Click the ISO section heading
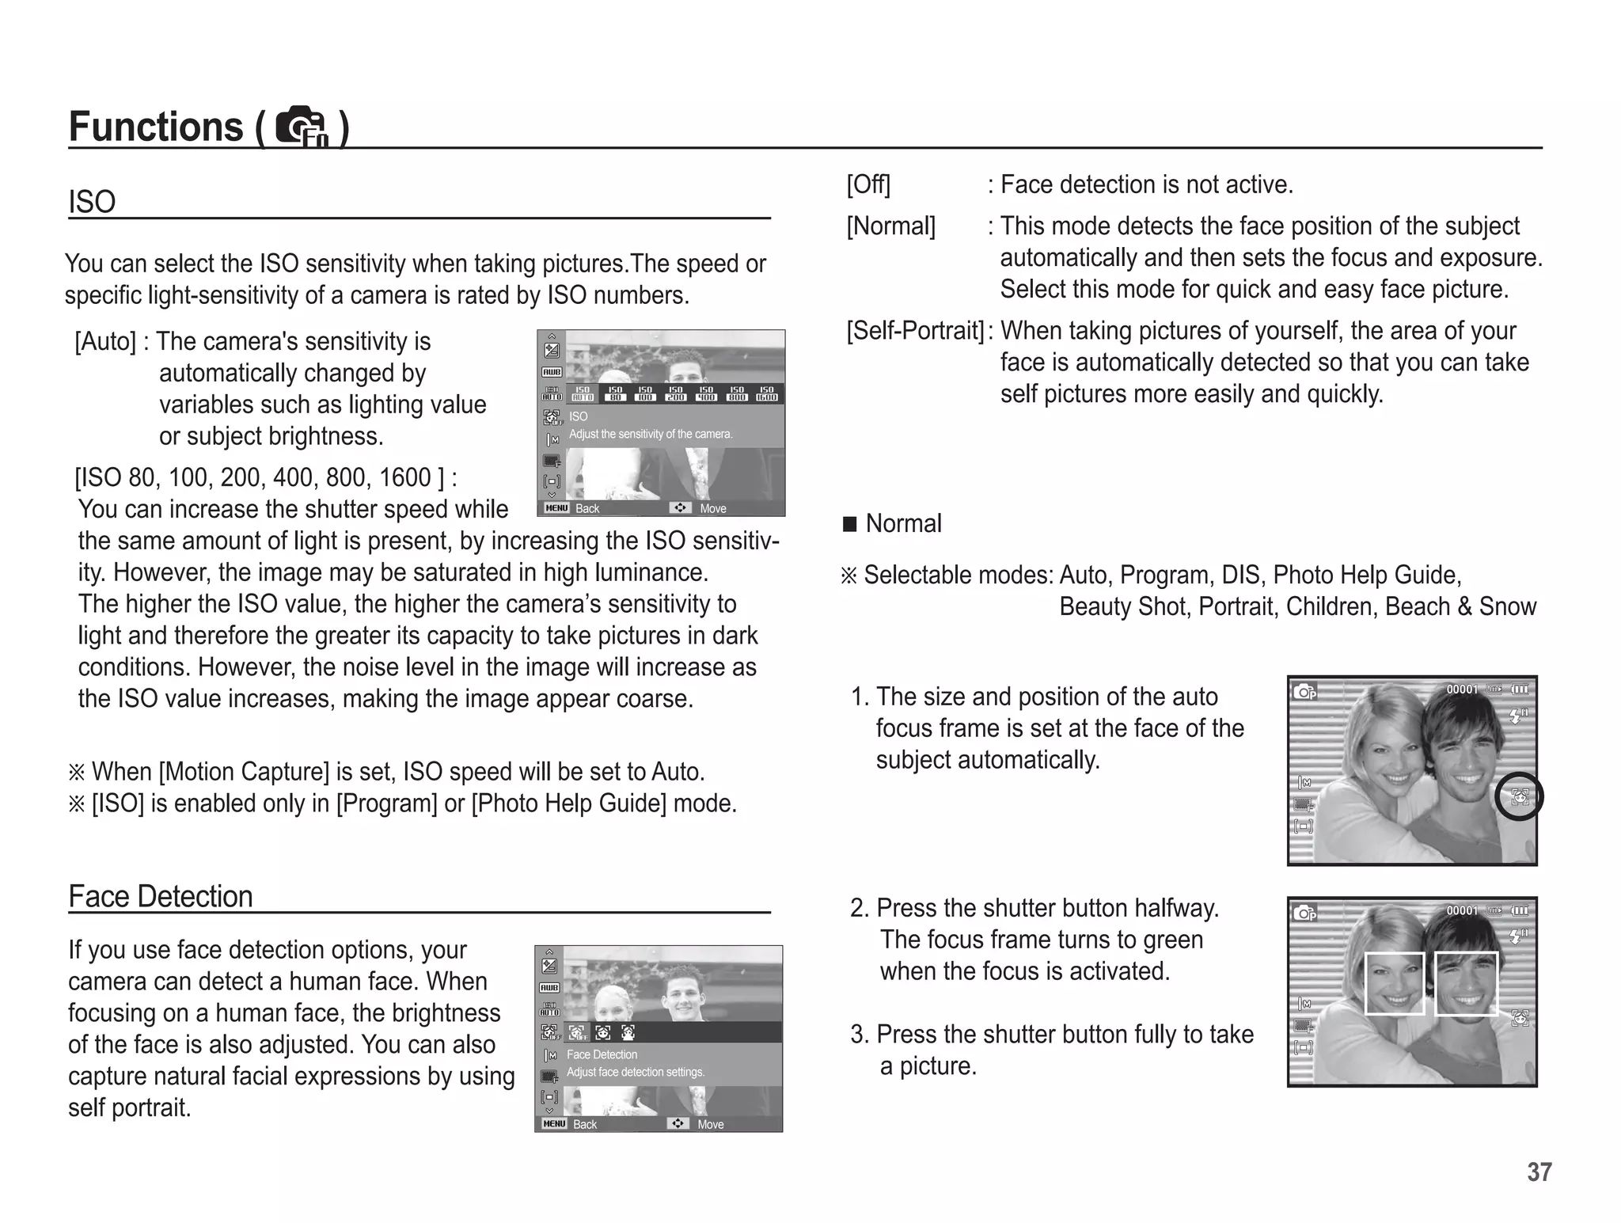[x=92, y=202]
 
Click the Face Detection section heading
[x=161, y=897]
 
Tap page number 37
[x=1539, y=1172]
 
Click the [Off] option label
[x=868, y=184]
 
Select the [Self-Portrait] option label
[x=915, y=330]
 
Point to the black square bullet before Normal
[x=850, y=524]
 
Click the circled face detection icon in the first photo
[x=1519, y=796]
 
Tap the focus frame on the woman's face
[x=1394, y=983]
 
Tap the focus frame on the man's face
[x=1466, y=982]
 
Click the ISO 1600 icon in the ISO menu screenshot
[x=766, y=393]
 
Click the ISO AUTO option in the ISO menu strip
[x=583, y=393]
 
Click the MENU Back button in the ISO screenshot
[x=571, y=508]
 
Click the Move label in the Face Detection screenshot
[x=710, y=1124]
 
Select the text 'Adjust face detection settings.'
[x=636, y=1072]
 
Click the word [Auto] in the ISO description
[x=105, y=342]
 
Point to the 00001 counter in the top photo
[x=1462, y=689]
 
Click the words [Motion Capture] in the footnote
[x=244, y=772]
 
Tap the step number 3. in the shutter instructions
[x=860, y=1035]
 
